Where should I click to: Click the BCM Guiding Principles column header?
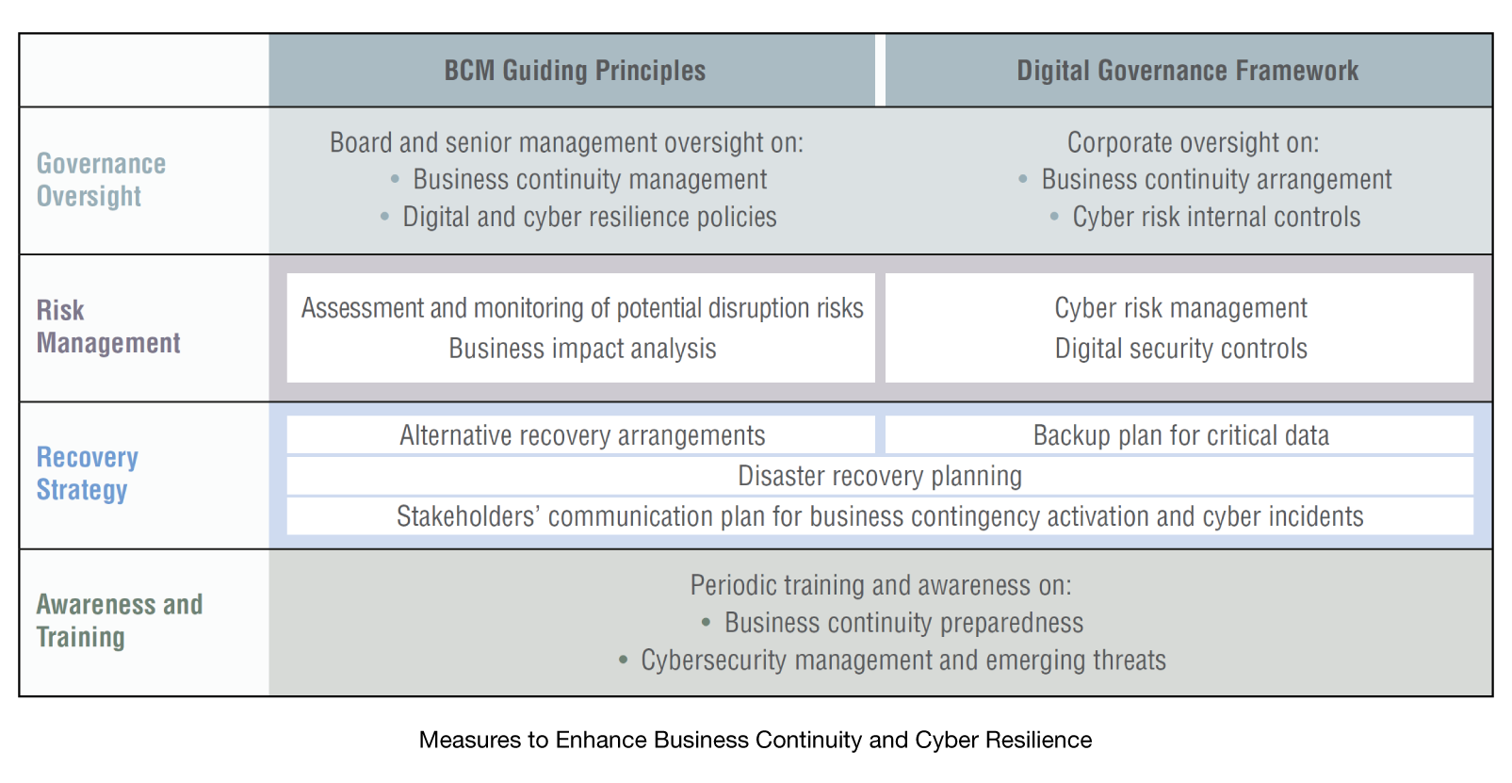(575, 71)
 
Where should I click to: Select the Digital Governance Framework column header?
(1188, 71)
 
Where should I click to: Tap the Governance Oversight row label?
(101, 180)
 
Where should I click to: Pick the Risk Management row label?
(108, 327)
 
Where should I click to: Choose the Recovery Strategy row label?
(87, 473)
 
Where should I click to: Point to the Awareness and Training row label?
(120, 620)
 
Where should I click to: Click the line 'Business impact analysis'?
(582, 349)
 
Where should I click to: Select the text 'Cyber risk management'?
(1180, 308)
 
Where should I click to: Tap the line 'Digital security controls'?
(1180, 349)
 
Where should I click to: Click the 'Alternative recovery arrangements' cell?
(581, 435)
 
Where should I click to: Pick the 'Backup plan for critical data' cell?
(1179, 435)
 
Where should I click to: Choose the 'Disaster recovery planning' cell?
(880, 476)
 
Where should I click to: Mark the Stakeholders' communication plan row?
(880, 516)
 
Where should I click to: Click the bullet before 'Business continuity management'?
(395, 180)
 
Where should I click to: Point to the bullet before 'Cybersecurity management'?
(623, 661)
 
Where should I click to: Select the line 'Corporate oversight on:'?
(1193, 143)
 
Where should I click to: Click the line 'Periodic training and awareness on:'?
(880, 585)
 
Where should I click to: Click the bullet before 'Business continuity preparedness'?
(706, 623)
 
